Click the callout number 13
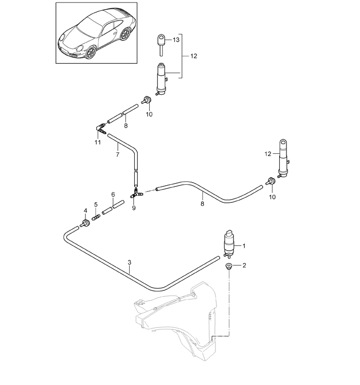(x=176, y=40)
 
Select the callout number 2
(x=244, y=266)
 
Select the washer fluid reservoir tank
(x=180, y=319)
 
